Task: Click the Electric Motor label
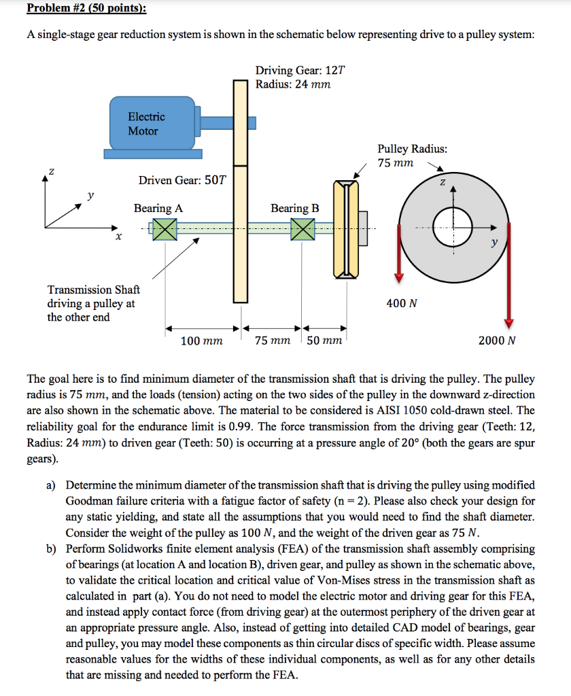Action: point(146,124)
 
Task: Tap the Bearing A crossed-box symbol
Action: point(163,229)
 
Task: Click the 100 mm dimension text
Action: point(201,341)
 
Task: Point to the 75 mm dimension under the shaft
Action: point(273,341)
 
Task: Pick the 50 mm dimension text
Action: point(324,341)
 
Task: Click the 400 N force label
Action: point(402,303)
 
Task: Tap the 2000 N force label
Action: point(497,341)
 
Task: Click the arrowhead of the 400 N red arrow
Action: point(400,277)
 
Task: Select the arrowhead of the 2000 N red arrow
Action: point(508,324)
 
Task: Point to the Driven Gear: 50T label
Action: point(183,180)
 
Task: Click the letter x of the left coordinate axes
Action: point(118,237)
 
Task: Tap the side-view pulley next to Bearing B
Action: point(346,228)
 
